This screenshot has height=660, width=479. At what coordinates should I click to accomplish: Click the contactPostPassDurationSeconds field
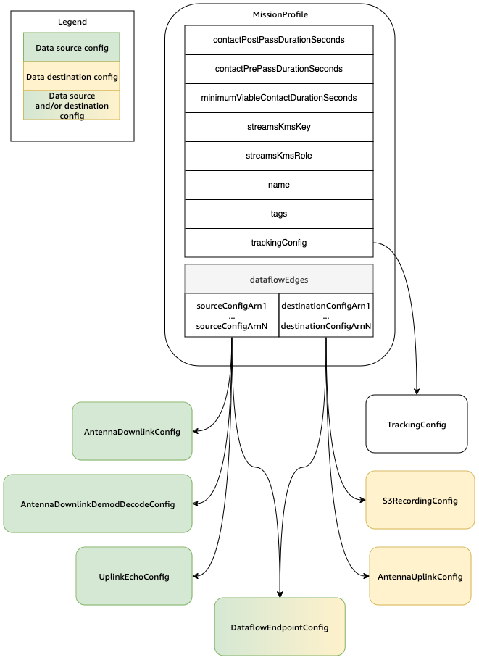click(279, 40)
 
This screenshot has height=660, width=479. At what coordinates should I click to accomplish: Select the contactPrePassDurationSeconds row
click(279, 69)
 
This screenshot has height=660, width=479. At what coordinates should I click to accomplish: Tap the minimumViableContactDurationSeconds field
click(279, 98)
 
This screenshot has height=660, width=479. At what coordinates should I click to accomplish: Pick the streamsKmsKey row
click(279, 127)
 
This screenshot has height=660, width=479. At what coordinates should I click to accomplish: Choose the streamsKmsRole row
click(279, 156)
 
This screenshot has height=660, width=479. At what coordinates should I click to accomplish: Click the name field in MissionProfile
click(279, 185)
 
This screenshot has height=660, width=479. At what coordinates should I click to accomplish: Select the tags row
click(279, 214)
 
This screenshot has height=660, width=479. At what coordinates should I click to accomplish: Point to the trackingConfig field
click(279, 243)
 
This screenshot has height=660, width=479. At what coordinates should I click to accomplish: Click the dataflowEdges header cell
click(279, 278)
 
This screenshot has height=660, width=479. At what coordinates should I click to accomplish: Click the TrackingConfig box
click(417, 424)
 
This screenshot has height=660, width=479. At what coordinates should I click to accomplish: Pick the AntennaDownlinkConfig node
click(132, 431)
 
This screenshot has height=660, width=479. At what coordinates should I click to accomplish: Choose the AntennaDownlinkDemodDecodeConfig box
click(98, 504)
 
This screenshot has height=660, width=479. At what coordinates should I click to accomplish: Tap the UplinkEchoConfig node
click(134, 576)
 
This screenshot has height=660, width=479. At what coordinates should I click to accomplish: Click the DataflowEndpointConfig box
click(280, 627)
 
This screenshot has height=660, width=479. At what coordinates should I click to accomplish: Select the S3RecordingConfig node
click(420, 501)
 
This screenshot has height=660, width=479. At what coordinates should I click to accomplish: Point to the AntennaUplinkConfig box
click(420, 576)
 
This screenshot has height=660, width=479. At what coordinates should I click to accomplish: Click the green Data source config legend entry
click(72, 47)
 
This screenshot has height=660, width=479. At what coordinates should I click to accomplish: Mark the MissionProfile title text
click(279, 14)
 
